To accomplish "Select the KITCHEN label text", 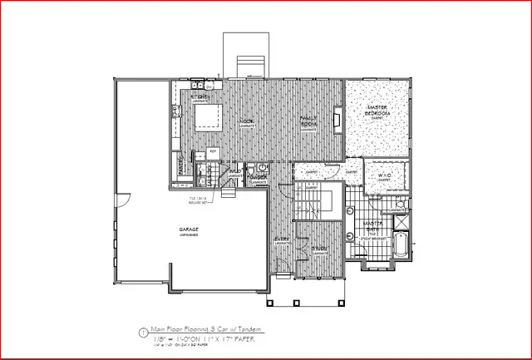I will tap(199, 97).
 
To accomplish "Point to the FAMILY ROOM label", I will tap(310, 123).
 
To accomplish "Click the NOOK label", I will tap(247, 122).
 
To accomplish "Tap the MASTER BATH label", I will tap(374, 226).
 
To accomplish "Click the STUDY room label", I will tap(318, 248).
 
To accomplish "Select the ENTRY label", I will tap(283, 241).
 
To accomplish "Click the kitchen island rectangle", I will tap(208, 117).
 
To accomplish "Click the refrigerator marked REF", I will tap(212, 151).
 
